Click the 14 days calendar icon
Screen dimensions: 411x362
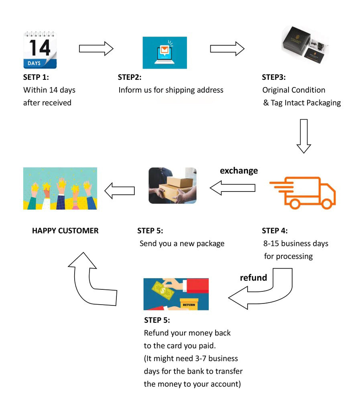40,50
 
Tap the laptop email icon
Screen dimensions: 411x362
165,53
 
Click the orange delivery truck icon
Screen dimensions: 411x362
303,192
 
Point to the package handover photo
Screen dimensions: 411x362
173,185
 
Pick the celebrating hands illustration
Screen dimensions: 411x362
60,188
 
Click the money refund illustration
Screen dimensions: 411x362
176,294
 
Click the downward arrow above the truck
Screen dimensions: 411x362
304,136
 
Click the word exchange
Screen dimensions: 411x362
239,171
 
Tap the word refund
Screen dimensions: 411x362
253,277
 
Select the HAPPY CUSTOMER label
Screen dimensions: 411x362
65,230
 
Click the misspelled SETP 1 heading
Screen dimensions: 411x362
36,77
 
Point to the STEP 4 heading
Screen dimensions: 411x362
275,230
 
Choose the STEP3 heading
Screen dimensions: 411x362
274,77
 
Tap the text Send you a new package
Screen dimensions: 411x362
182,243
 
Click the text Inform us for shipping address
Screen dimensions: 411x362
171,90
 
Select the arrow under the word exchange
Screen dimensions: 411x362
233,187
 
